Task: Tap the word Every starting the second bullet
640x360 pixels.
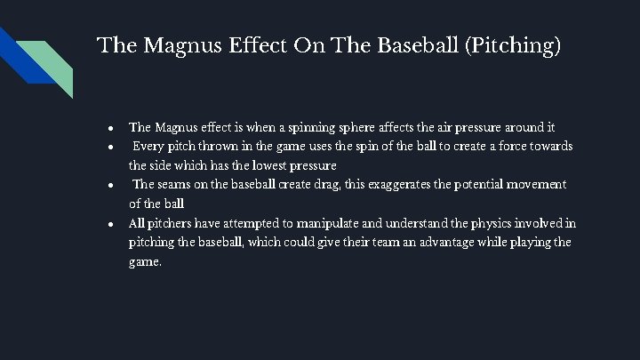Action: pyautogui.click(x=150, y=145)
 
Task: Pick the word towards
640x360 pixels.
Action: pyautogui.click(x=550, y=145)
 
